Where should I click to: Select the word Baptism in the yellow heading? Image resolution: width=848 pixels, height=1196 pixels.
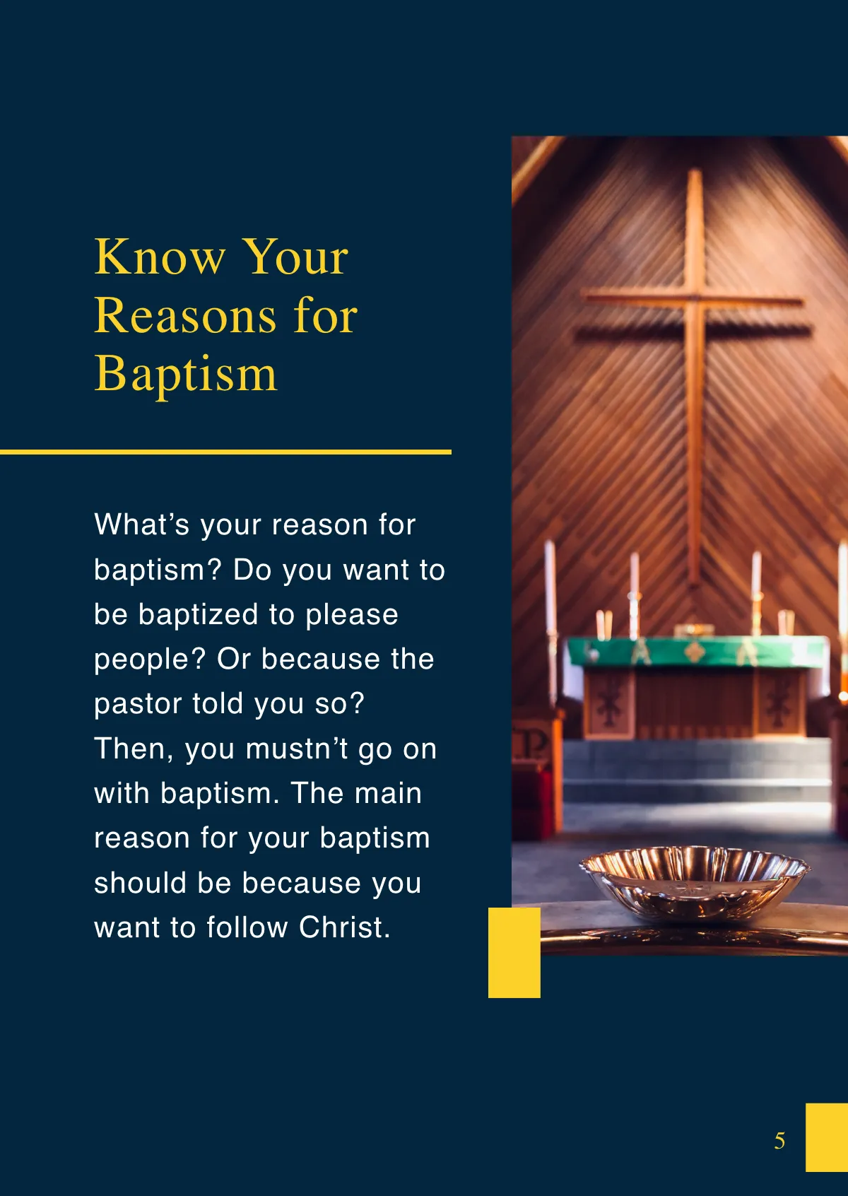pos(186,375)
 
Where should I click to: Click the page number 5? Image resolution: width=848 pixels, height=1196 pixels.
pos(779,1140)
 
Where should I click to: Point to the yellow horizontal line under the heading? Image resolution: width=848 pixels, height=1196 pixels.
pos(225,452)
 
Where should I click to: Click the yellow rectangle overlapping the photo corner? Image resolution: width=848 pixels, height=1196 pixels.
pos(514,952)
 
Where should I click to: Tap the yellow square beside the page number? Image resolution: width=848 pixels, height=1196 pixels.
pos(826,1137)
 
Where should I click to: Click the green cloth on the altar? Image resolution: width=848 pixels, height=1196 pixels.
pos(696,651)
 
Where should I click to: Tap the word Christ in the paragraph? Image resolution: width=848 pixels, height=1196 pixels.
pos(344,927)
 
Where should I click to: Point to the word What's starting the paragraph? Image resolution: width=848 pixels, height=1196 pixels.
pos(142,525)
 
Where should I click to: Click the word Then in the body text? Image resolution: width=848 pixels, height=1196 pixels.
pos(134,749)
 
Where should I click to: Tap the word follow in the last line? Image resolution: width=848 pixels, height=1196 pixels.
pos(247,927)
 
